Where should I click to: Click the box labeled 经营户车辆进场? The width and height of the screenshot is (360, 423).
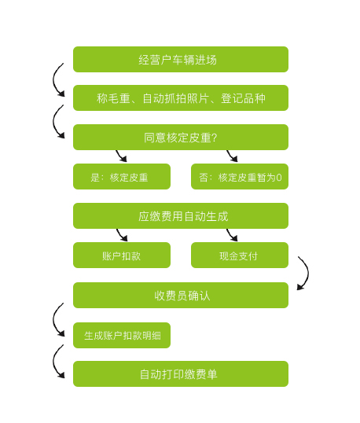[181, 59]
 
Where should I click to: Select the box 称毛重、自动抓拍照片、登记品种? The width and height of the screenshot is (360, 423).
[181, 98]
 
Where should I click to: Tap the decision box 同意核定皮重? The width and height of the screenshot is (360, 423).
[181, 137]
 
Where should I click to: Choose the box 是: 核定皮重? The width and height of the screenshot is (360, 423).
[122, 176]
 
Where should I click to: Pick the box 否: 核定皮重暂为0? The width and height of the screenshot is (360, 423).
[240, 176]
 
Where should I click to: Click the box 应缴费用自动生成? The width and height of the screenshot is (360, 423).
[181, 215]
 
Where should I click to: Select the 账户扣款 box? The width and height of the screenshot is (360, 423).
[122, 256]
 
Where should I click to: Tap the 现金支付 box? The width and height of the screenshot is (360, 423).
[240, 256]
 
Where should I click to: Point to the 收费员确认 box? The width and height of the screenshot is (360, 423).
[181, 295]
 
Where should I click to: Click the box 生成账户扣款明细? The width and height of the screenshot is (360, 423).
[122, 335]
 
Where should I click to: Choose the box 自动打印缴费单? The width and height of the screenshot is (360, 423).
[181, 374]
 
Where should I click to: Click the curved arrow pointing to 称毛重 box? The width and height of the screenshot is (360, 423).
[53, 80]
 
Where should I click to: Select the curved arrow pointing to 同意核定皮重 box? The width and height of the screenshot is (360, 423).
[53, 122]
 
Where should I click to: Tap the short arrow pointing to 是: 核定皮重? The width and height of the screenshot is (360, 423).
[120, 156]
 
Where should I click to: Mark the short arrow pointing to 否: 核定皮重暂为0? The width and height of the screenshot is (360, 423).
[231, 156]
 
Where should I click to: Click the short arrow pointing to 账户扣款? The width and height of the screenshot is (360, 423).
[121, 235]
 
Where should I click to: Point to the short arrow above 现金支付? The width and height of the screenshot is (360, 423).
[231, 235]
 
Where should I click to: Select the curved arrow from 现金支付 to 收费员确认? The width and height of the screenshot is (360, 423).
[308, 273]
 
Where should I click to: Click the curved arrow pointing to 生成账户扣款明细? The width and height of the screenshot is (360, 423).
[53, 320]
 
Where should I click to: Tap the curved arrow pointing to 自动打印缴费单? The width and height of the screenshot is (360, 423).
[53, 362]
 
